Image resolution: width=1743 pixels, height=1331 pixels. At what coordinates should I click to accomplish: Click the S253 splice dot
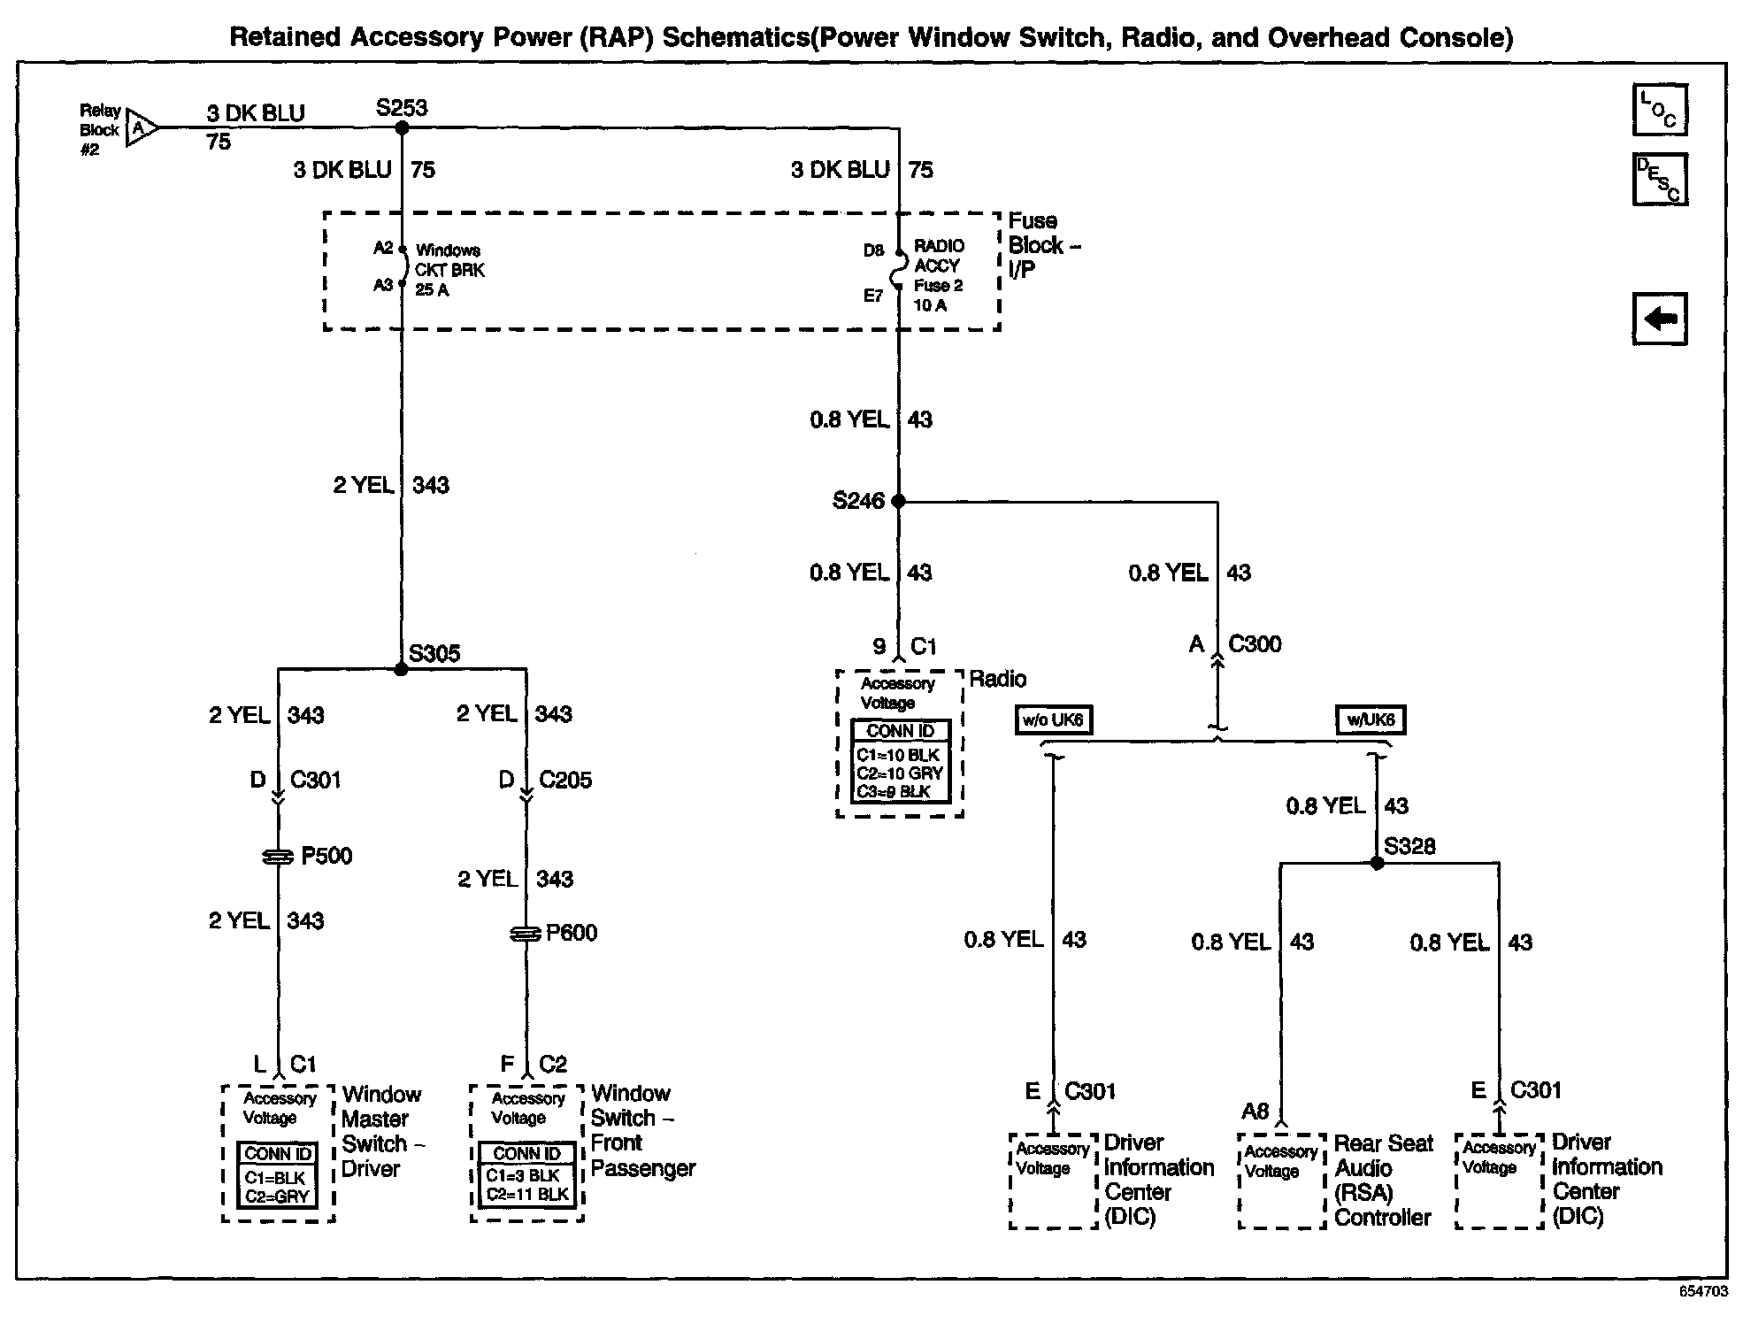click(402, 128)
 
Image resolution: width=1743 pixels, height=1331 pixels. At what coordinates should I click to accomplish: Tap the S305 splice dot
click(402, 669)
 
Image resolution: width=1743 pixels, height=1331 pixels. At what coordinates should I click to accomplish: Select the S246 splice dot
click(899, 501)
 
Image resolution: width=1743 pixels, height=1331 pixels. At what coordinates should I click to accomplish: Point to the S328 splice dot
click(1377, 863)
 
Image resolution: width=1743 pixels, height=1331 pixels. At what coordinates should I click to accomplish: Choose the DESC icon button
click(1660, 180)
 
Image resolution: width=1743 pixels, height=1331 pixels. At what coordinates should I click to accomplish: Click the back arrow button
click(1660, 319)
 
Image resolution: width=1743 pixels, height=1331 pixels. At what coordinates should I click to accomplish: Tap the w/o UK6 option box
click(1053, 720)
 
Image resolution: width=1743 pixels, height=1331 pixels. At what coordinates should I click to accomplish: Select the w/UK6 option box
click(1371, 720)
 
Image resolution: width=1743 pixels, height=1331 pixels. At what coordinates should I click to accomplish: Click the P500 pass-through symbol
click(278, 857)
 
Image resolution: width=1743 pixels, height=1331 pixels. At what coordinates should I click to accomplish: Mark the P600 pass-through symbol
click(526, 934)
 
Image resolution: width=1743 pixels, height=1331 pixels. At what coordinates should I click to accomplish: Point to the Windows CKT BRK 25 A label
click(449, 270)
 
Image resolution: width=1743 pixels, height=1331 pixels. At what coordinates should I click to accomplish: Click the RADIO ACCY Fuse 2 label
click(939, 275)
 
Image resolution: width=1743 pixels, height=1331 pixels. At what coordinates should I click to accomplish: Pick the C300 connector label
click(1255, 644)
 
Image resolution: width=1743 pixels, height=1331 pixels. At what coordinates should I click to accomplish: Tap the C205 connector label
click(565, 780)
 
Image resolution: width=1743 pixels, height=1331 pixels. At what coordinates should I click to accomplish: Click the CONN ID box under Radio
click(900, 761)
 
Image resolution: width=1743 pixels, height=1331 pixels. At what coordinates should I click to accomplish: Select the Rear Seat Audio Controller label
click(1383, 1181)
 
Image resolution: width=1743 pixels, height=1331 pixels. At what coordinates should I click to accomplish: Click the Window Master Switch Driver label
click(382, 1132)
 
